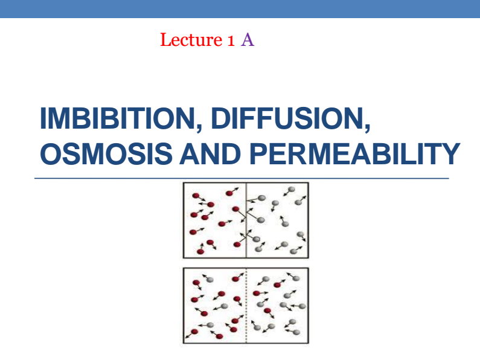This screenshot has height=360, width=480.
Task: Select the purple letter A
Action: point(248,40)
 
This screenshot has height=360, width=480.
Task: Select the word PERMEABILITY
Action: point(354,154)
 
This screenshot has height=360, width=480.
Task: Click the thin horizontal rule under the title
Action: point(242,178)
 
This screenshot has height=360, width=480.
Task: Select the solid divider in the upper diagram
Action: point(246,220)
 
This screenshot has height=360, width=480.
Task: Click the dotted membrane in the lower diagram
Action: point(246,305)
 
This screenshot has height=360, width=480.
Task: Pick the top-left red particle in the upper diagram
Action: point(196,196)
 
